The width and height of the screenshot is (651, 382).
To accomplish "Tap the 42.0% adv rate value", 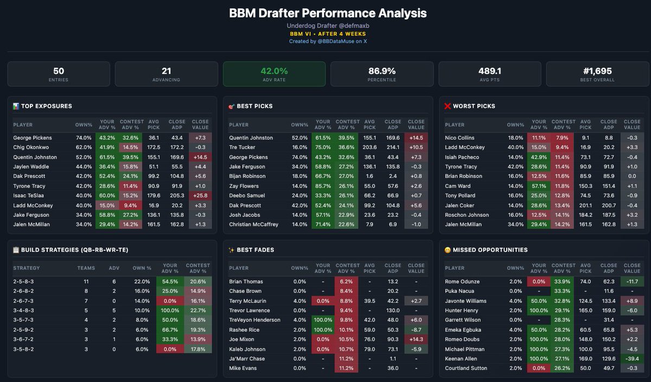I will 274,71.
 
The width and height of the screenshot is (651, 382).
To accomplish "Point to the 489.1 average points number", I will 489,71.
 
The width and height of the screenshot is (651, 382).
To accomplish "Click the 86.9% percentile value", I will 381,71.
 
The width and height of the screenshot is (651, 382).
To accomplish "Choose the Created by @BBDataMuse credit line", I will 328,41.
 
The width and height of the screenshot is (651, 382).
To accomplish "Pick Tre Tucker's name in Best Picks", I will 243,148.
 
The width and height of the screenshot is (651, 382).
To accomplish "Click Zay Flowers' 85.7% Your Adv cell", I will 323,186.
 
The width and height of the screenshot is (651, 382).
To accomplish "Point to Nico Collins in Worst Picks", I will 460,138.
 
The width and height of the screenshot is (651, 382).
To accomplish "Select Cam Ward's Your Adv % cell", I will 539,186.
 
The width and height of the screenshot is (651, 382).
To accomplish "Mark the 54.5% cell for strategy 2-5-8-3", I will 170,282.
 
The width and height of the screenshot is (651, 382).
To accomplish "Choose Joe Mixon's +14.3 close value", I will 416,340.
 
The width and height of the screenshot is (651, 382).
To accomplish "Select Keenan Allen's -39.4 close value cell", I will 632,359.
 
